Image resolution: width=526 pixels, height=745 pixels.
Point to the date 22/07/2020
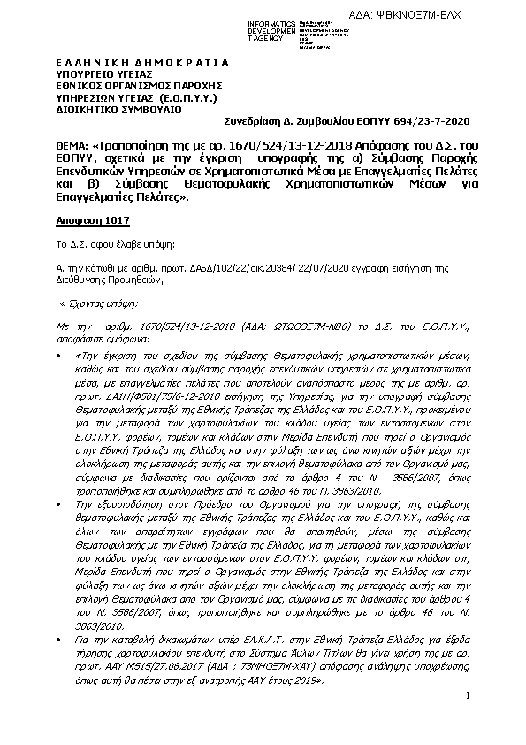[x=324, y=264]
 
